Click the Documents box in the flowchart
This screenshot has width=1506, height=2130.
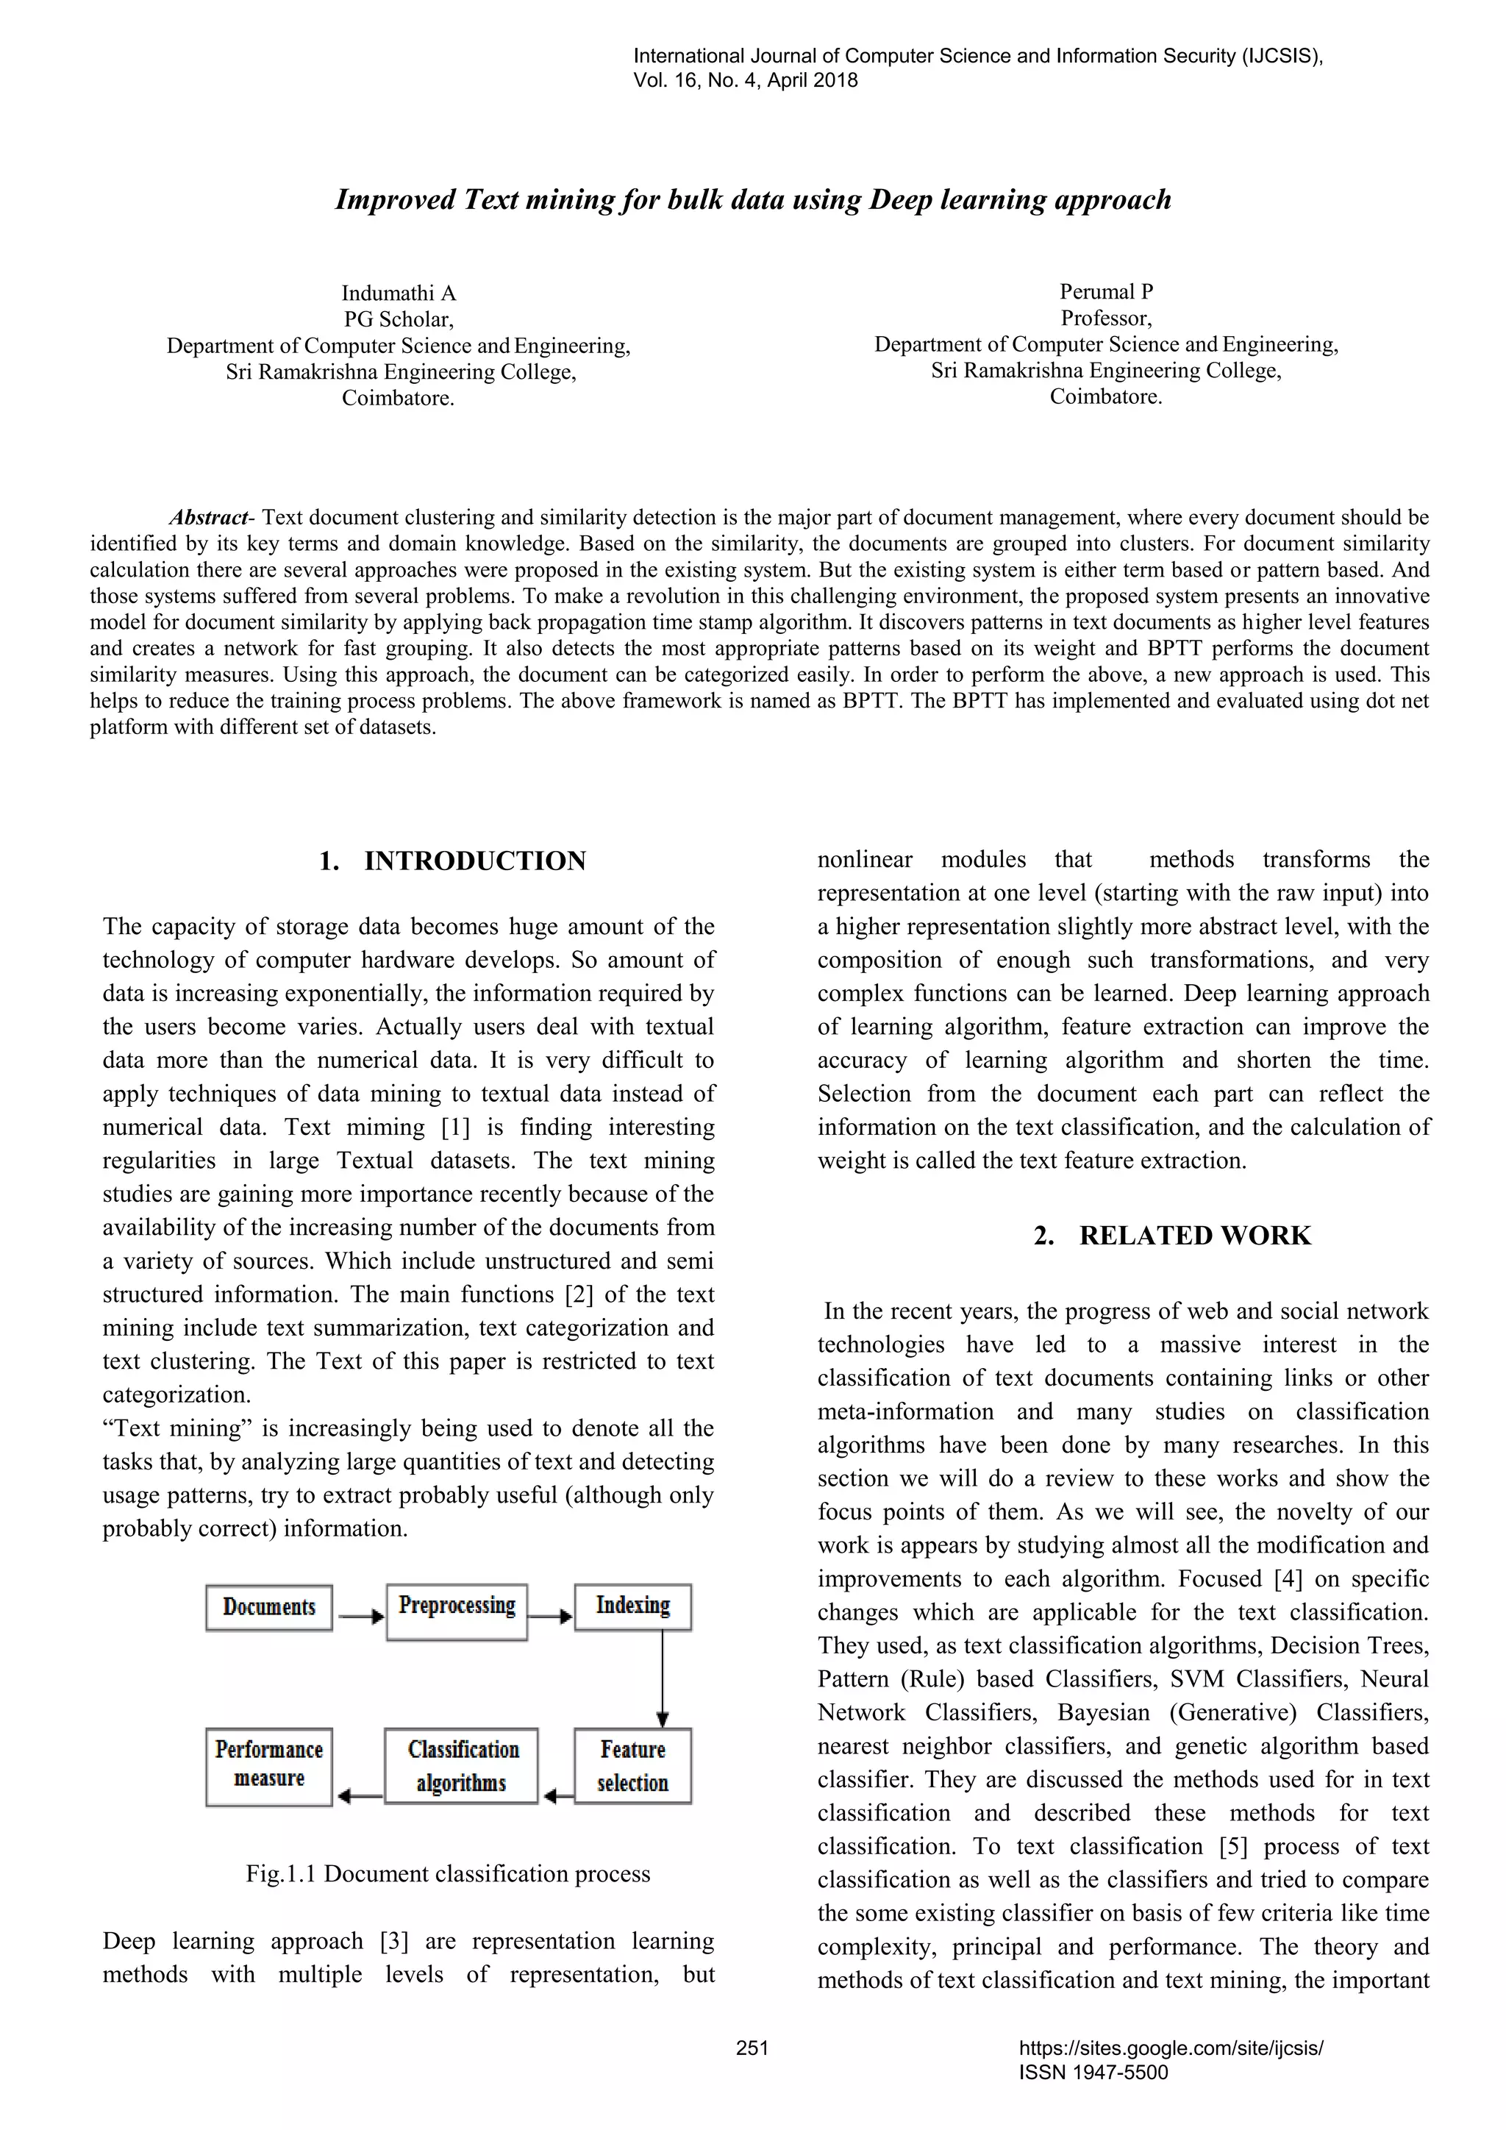coord(269,1607)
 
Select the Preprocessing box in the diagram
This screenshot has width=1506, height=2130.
coord(456,1607)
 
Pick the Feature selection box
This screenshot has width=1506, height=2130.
coord(632,1765)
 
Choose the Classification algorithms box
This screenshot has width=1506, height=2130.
coord(461,1765)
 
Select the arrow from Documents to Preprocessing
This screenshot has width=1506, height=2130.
coord(360,1617)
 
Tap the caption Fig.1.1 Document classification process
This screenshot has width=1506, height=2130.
coord(448,1873)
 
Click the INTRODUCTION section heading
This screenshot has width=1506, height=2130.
coord(475,861)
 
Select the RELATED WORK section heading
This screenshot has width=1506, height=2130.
coord(1194,1236)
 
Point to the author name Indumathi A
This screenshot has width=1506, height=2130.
coord(399,293)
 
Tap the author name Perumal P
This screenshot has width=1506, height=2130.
coord(1106,291)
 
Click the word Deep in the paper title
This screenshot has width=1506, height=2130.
coord(901,199)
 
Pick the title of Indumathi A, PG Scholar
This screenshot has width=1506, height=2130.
coord(399,319)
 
